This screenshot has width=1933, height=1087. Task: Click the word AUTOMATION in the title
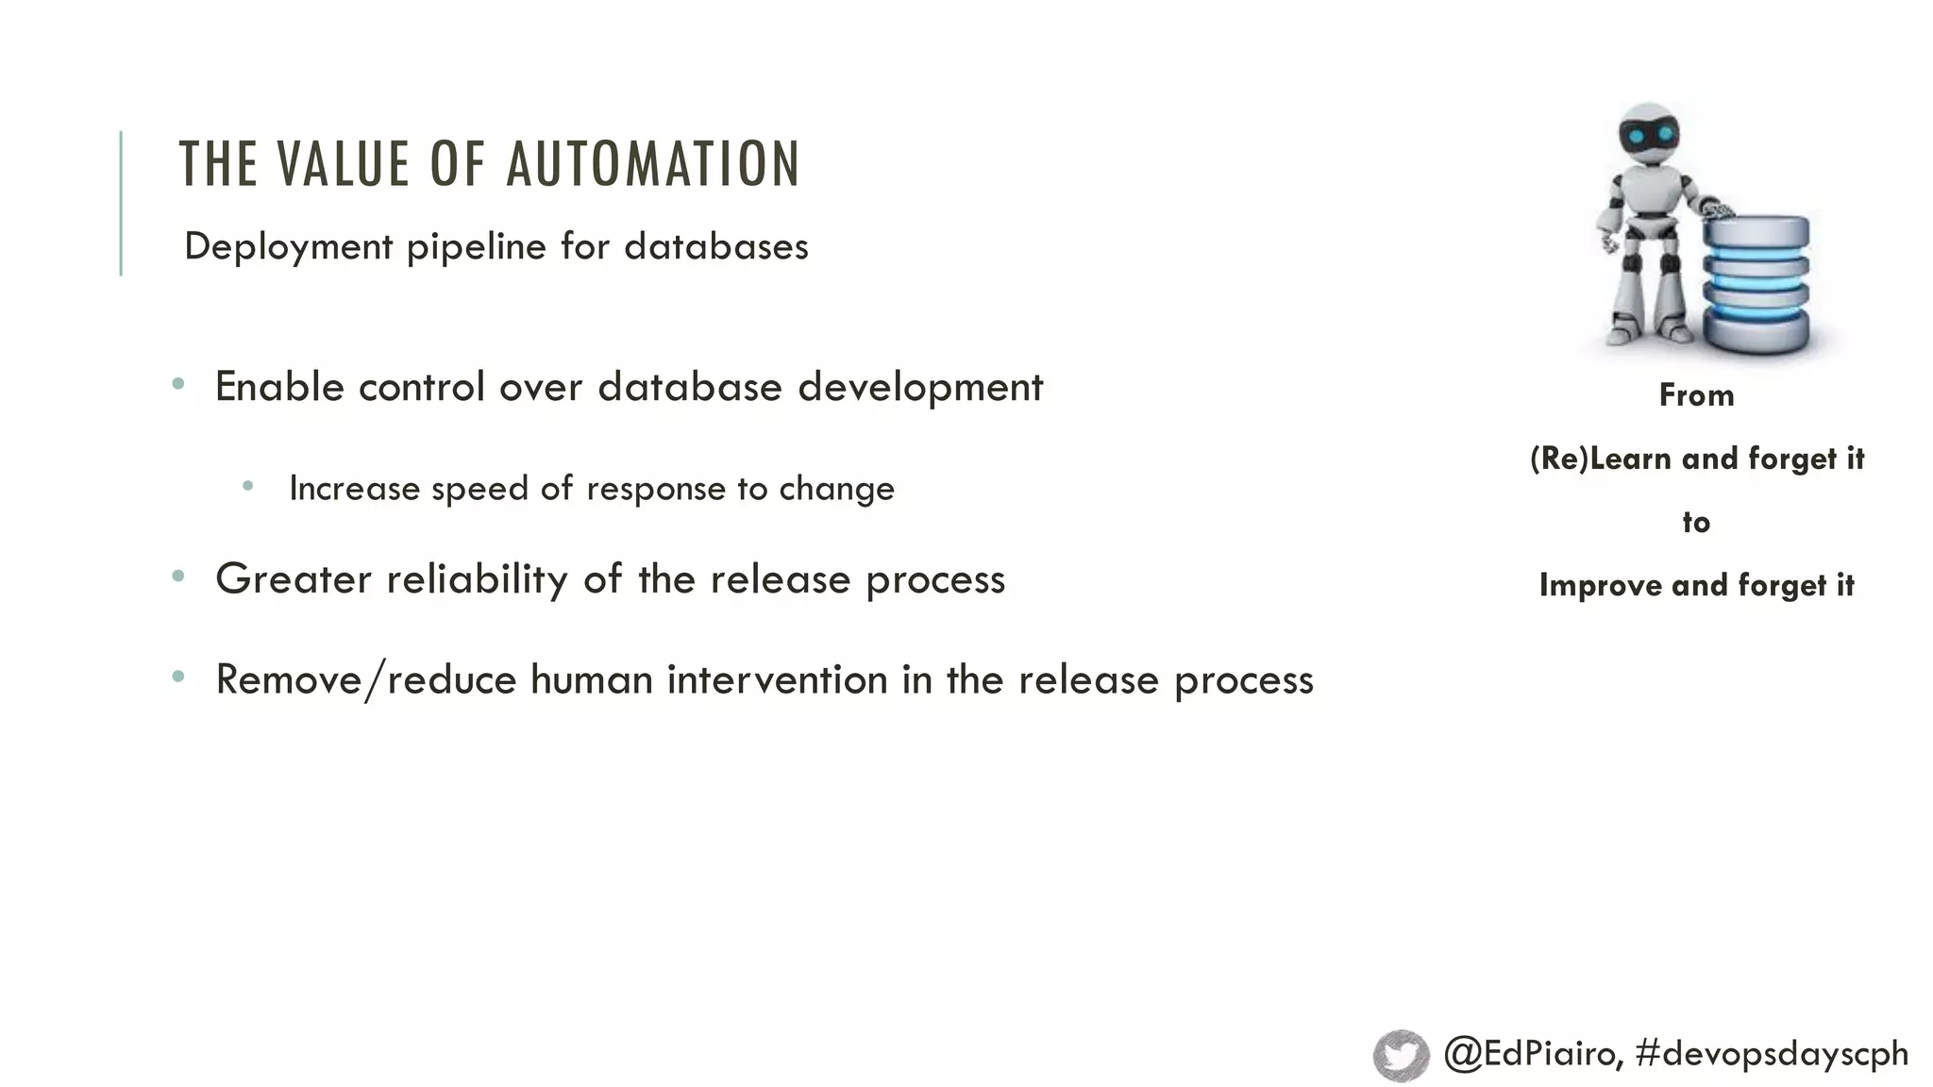[653, 164]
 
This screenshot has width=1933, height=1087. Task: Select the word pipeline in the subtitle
[476, 247]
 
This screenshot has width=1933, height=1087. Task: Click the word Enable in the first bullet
[279, 387]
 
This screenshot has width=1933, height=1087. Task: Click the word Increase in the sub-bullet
[354, 489]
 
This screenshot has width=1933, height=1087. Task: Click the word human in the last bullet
[591, 679]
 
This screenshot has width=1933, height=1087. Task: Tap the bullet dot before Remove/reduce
[178, 676]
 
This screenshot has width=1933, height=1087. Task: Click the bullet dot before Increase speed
[247, 486]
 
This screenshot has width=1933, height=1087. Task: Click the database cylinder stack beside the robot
[1757, 283]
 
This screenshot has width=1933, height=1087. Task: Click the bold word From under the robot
[1696, 395]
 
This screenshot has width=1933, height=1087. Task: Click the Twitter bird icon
[1402, 1054]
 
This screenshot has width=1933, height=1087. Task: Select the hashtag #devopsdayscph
[1772, 1053]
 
